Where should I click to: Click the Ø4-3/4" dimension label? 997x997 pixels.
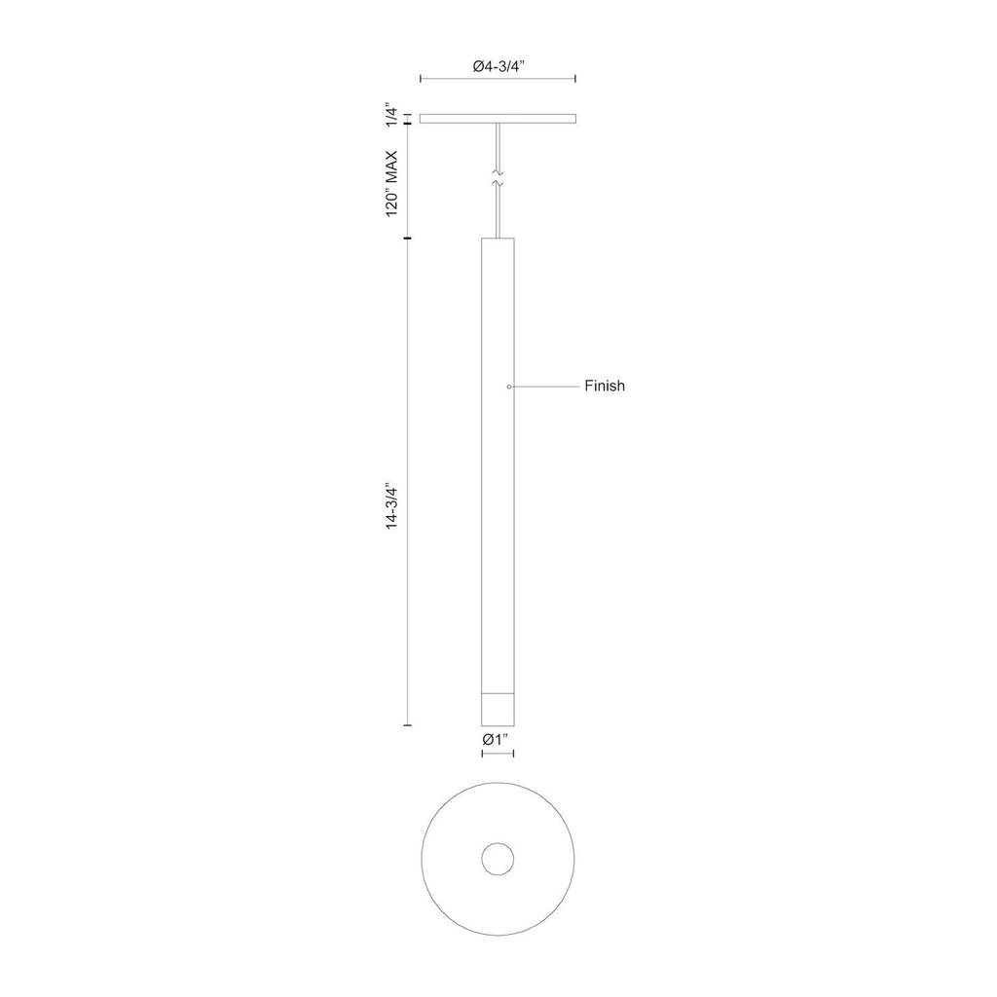click(x=498, y=67)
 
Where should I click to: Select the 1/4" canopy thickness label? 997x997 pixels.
click(x=391, y=117)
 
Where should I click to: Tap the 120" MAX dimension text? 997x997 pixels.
click(x=391, y=184)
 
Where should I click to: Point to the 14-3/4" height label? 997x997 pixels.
click(x=391, y=507)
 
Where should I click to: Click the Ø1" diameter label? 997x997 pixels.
click(x=497, y=740)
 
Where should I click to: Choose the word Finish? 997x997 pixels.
click(x=605, y=386)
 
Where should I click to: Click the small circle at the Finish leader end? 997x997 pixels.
click(x=509, y=387)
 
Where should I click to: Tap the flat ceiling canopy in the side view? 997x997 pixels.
click(x=498, y=119)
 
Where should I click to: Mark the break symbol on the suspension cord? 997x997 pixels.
click(x=498, y=179)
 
